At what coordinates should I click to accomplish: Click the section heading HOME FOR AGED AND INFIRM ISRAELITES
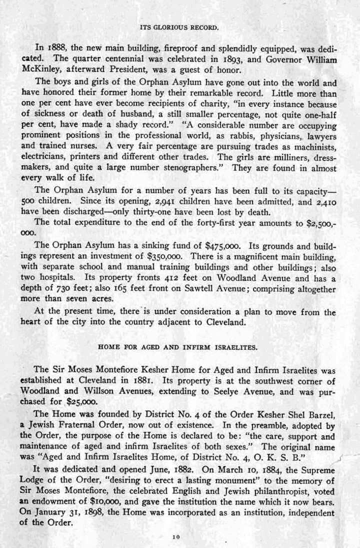(x=179, y=346)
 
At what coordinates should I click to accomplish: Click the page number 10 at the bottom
(x=175, y=536)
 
